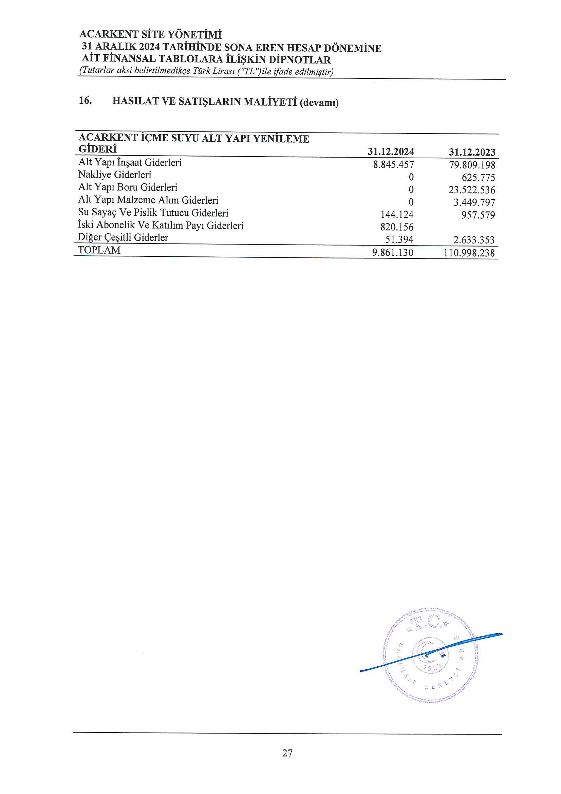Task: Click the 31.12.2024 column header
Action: coord(391,151)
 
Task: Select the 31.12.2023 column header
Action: coord(472,152)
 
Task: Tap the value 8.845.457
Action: coord(393,165)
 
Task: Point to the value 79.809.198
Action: coord(472,165)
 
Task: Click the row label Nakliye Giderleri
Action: coord(115,175)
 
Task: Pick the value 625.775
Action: coord(478,177)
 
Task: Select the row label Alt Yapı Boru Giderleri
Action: coord(128,187)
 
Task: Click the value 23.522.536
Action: coord(472,190)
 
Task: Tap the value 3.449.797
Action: coord(474,202)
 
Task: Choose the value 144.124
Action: coord(397,215)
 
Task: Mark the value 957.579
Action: coord(478,215)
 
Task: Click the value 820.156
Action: coord(397,227)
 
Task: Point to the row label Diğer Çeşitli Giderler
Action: coord(123,238)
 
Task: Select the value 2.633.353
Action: coord(474,240)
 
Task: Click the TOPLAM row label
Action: coord(99,250)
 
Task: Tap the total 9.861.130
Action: coord(393,252)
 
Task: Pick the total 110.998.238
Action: coord(469,253)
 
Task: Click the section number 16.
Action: coord(86,101)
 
